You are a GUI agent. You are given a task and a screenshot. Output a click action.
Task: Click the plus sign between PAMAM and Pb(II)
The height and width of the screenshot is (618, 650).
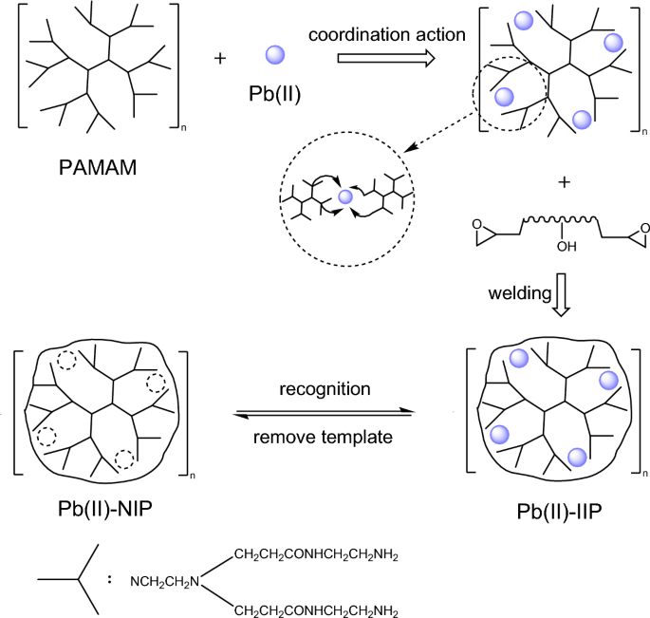(x=221, y=58)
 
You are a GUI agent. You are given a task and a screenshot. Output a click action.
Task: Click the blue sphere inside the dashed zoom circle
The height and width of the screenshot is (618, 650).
(x=345, y=197)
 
